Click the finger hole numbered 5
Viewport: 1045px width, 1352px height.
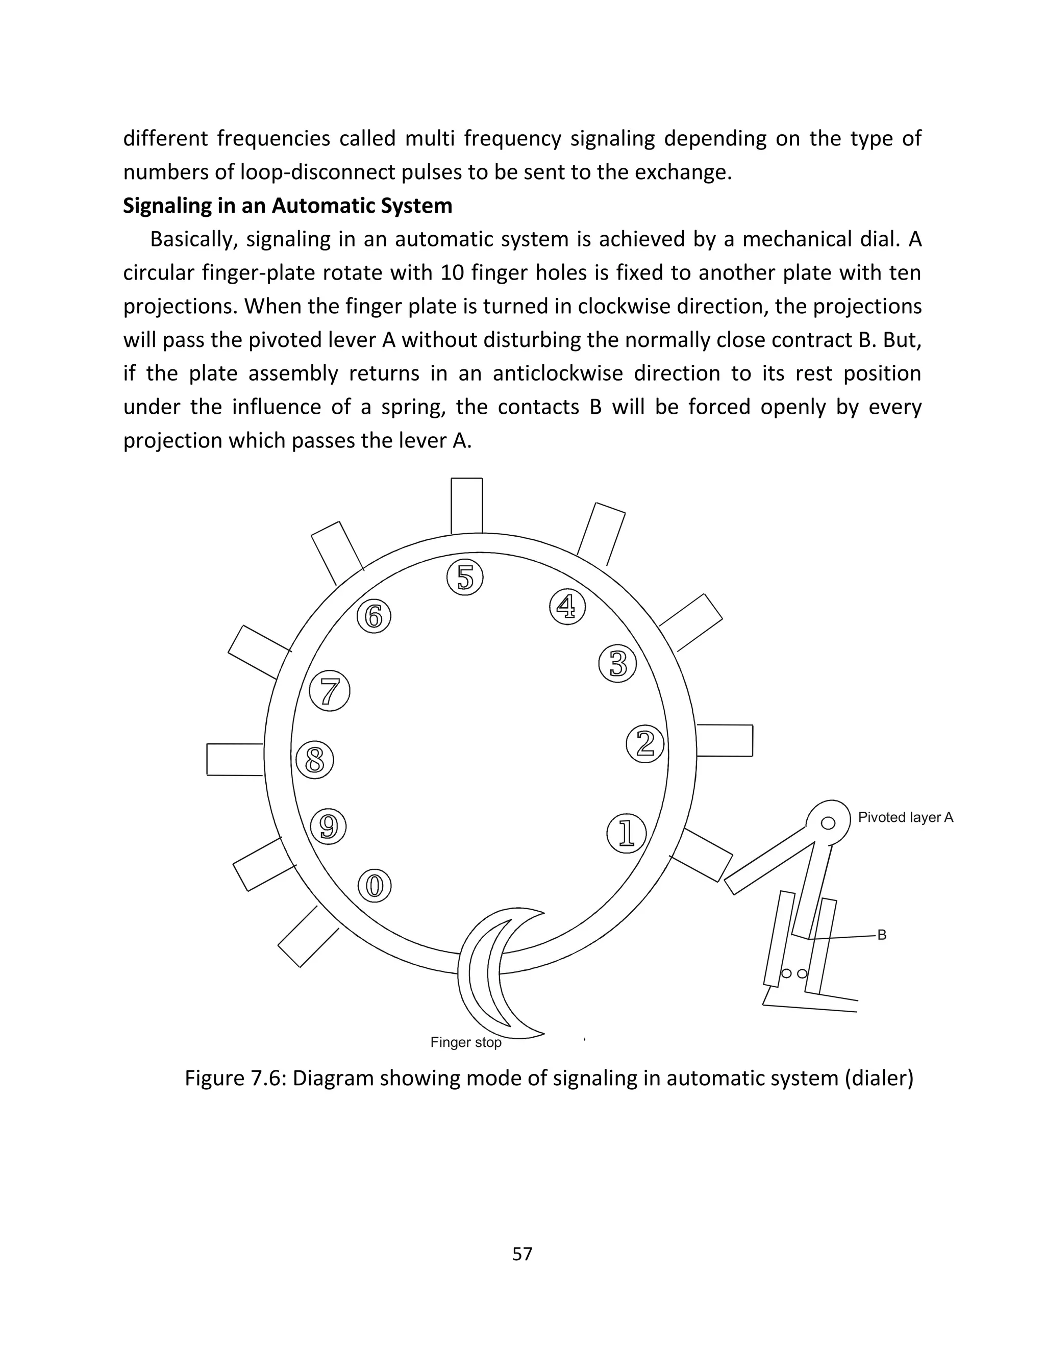tap(464, 578)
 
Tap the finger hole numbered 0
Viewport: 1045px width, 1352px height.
tap(375, 886)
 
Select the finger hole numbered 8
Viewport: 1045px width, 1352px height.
tap(314, 760)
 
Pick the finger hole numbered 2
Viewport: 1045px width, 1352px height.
tap(645, 744)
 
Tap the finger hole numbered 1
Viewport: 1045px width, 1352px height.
tap(627, 833)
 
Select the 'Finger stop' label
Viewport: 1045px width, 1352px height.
tap(465, 1042)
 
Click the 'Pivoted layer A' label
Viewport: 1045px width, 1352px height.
tap(905, 817)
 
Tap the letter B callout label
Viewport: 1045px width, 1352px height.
tap(882, 935)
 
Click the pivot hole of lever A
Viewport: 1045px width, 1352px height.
tap(828, 823)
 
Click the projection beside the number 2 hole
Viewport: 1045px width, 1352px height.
tap(725, 740)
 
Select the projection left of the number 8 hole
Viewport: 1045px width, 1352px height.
tap(235, 759)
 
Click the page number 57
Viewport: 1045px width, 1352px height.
tap(522, 1254)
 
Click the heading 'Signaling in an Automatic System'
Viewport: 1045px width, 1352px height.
tap(287, 206)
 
